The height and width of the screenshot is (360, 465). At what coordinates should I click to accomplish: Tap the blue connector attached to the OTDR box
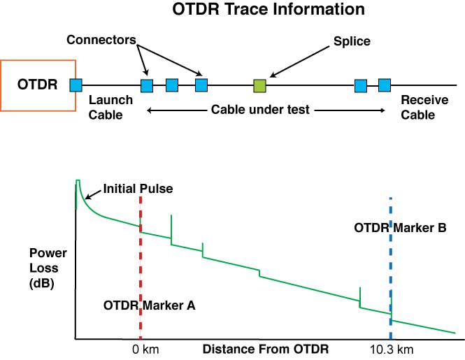click(x=76, y=85)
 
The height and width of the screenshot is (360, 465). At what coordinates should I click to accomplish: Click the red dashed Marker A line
click(x=141, y=266)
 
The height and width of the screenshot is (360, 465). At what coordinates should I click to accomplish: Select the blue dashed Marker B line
click(x=390, y=266)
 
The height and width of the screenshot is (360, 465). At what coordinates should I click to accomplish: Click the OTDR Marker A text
click(x=149, y=305)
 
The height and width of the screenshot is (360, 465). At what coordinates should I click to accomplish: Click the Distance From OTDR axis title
click(x=266, y=348)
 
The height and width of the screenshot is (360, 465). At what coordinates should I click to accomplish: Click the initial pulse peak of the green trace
click(x=78, y=182)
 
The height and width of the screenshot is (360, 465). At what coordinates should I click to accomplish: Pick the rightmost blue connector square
click(x=384, y=85)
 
